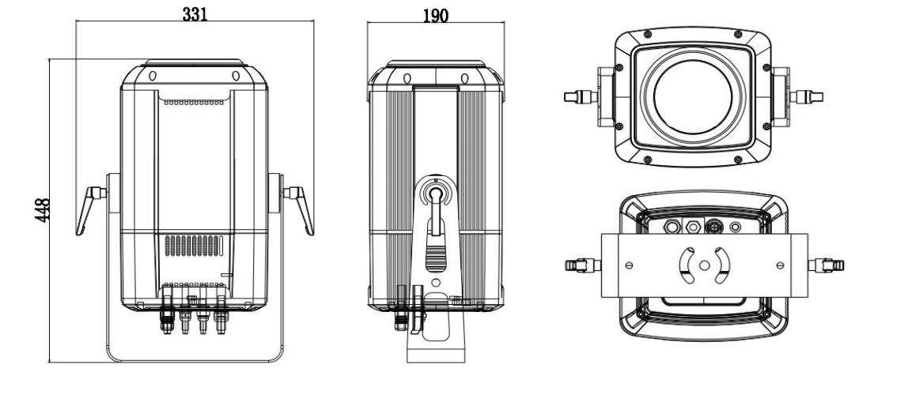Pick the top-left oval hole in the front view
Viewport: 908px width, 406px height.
click(x=152, y=77)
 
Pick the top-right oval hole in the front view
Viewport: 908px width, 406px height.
click(x=236, y=77)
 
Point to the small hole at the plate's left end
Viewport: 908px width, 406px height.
click(x=630, y=265)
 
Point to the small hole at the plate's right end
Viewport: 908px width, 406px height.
click(x=781, y=265)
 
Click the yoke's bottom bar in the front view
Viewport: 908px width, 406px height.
click(x=195, y=357)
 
